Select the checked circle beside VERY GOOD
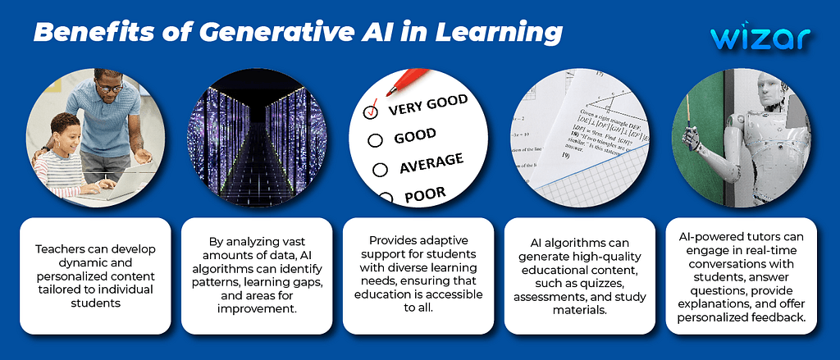371,112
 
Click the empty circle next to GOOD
375,140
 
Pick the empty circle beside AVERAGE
378,170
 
